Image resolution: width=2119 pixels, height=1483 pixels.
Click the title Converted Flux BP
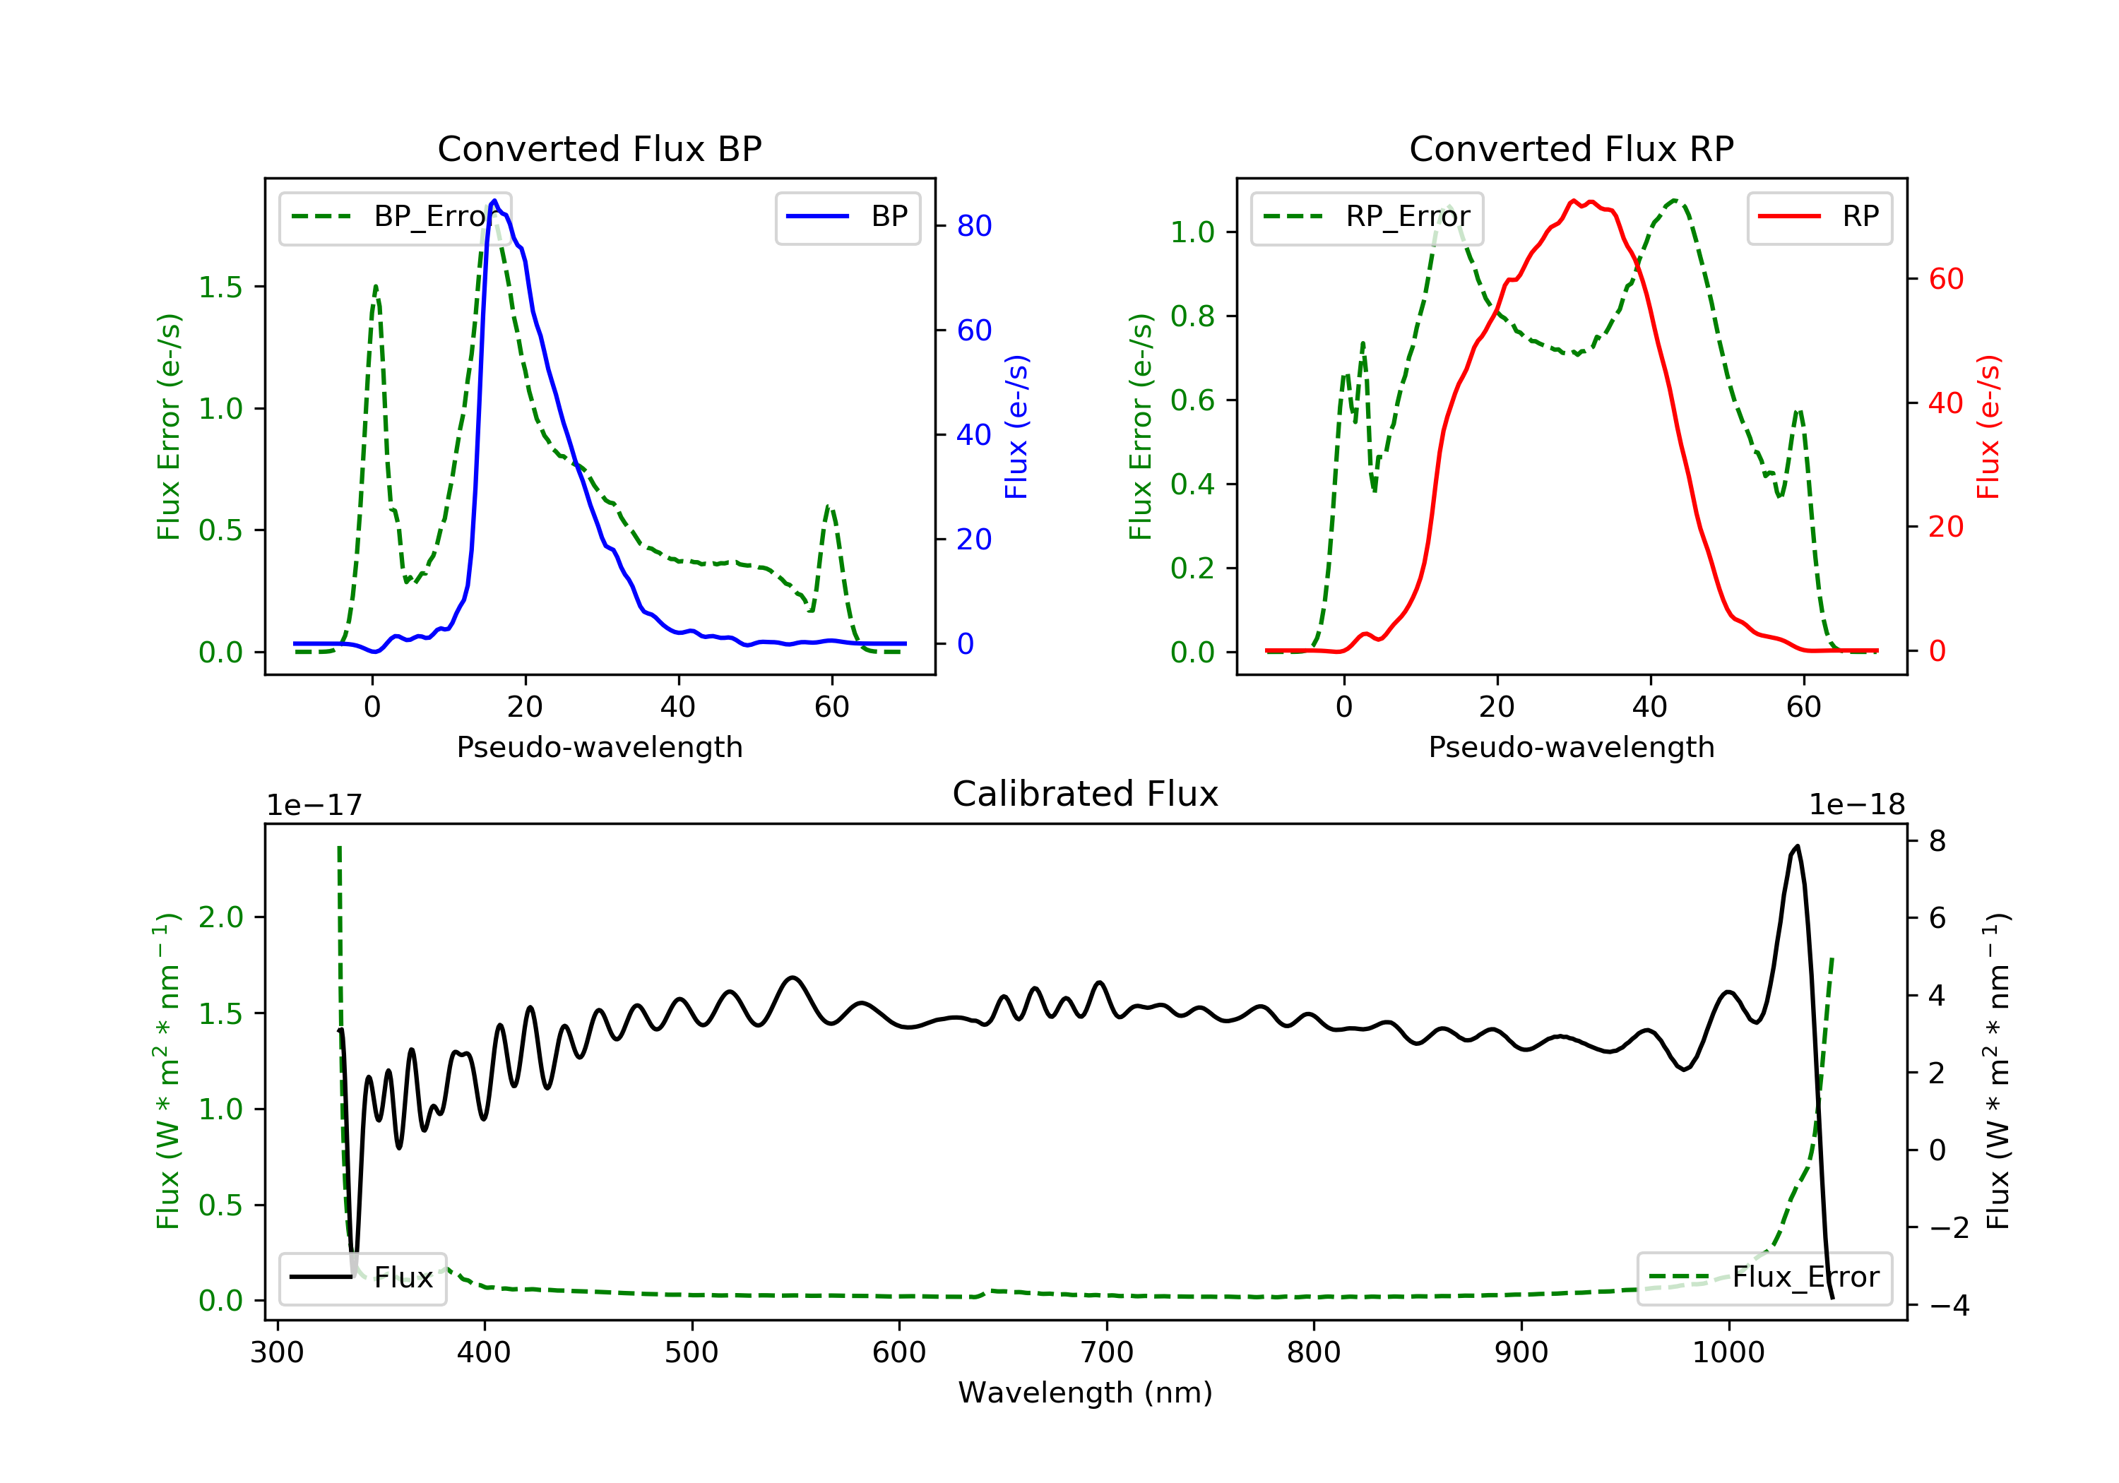(599, 148)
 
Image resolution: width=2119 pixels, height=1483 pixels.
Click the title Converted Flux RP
(1571, 148)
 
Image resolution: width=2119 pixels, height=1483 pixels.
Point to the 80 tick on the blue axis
(973, 226)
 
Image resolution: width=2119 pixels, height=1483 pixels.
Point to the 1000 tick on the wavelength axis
(1728, 1353)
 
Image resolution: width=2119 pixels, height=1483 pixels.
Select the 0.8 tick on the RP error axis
(1192, 316)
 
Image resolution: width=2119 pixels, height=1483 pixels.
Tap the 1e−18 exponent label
(1856, 805)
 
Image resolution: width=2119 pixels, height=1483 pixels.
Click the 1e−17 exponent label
(314, 805)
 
